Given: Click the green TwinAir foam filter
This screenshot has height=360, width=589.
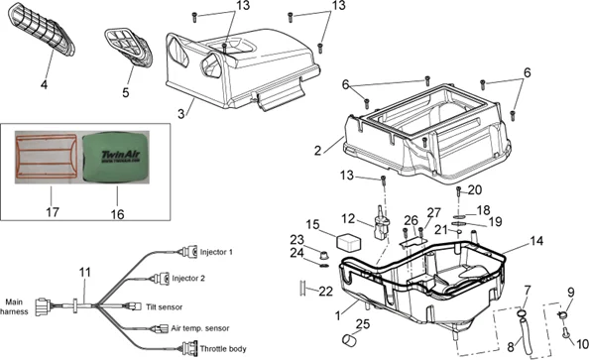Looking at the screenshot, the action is pyautogui.click(x=116, y=157).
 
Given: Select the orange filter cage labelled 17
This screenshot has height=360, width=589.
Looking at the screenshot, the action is pyautogui.click(x=47, y=157).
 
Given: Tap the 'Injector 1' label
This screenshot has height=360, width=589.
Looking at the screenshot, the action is pyautogui.click(x=216, y=252).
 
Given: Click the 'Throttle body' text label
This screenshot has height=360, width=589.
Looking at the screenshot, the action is pyautogui.click(x=223, y=349).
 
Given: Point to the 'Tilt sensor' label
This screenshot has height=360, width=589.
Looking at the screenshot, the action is pyautogui.click(x=165, y=307).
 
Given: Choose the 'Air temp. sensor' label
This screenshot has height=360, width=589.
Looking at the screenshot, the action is pyautogui.click(x=200, y=328).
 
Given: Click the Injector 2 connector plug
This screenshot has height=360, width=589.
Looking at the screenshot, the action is pyautogui.click(x=162, y=279).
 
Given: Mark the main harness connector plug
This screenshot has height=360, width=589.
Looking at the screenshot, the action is pyautogui.click(x=44, y=306).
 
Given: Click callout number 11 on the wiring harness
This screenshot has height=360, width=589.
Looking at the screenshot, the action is pyautogui.click(x=85, y=272).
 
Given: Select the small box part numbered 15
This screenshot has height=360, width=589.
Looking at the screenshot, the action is pyautogui.click(x=349, y=242).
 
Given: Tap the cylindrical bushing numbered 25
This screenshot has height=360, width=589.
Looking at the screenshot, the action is pyautogui.click(x=350, y=339).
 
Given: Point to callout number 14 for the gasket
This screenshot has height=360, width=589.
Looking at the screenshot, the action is pyautogui.click(x=536, y=241).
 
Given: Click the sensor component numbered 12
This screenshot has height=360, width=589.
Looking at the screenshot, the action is pyautogui.click(x=380, y=224).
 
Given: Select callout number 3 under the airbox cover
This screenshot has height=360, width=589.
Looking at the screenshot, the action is pyautogui.click(x=181, y=113).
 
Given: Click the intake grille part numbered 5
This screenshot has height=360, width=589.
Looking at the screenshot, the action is pyautogui.click(x=129, y=48).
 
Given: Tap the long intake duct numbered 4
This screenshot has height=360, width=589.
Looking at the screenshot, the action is pyautogui.click(x=42, y=29).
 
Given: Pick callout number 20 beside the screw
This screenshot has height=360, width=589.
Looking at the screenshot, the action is pyautogui.click(x=474, y=189).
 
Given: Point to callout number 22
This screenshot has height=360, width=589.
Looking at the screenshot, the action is pyautogui.click(x=325, y=291).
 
